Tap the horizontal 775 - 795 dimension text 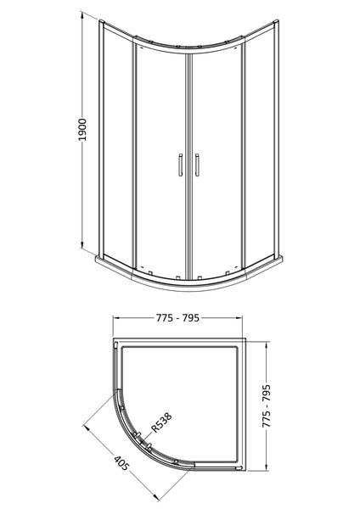pos(178,320)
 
